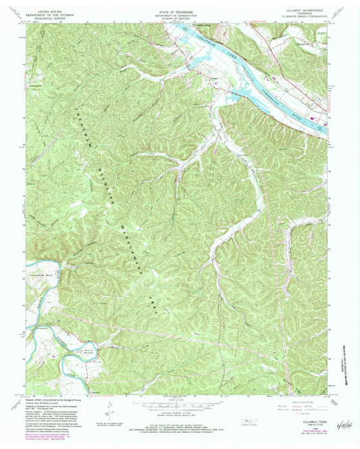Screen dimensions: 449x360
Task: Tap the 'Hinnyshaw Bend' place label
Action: [45, 277]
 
